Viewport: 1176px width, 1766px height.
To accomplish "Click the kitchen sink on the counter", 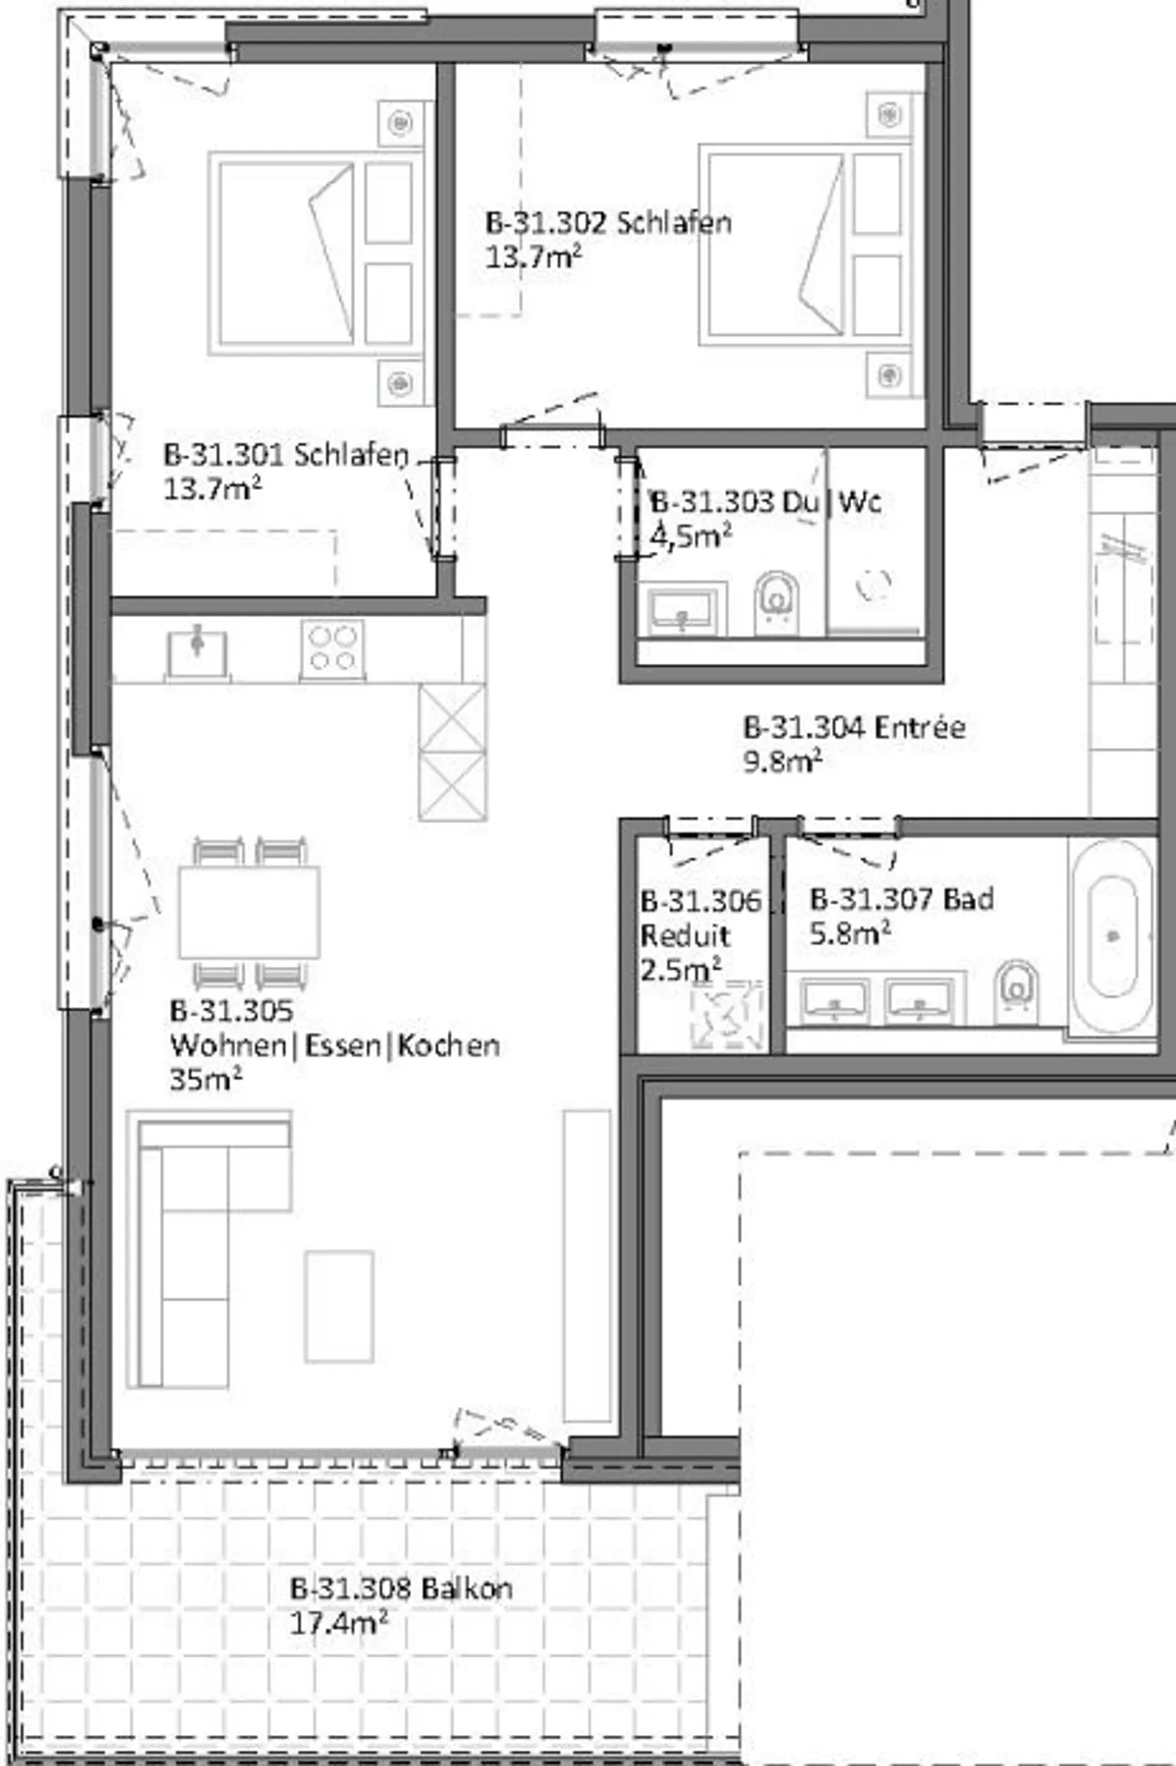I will (x=197, y=651).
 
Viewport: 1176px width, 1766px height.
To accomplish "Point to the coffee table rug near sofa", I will (x=339, y=1306).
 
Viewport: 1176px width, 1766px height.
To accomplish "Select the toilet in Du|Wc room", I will (x=777, y=600).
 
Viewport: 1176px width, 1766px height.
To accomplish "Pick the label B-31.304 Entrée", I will (x=854, y=727).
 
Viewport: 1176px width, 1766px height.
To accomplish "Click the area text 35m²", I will (x=206, y=1079).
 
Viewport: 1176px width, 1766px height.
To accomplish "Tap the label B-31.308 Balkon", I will (x=401, y=1588).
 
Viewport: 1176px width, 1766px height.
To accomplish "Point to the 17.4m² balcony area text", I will (x=338, y=1623).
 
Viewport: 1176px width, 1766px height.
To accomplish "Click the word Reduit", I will (x=684, y=936).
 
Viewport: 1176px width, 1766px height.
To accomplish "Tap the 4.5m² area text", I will (x=690, y=536).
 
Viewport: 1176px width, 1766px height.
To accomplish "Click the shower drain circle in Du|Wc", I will (x=874, y=584).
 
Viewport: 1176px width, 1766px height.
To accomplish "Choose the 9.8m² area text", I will (x=782, y=761).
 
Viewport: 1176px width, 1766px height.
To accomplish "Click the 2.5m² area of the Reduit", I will (x=680, y=970).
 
